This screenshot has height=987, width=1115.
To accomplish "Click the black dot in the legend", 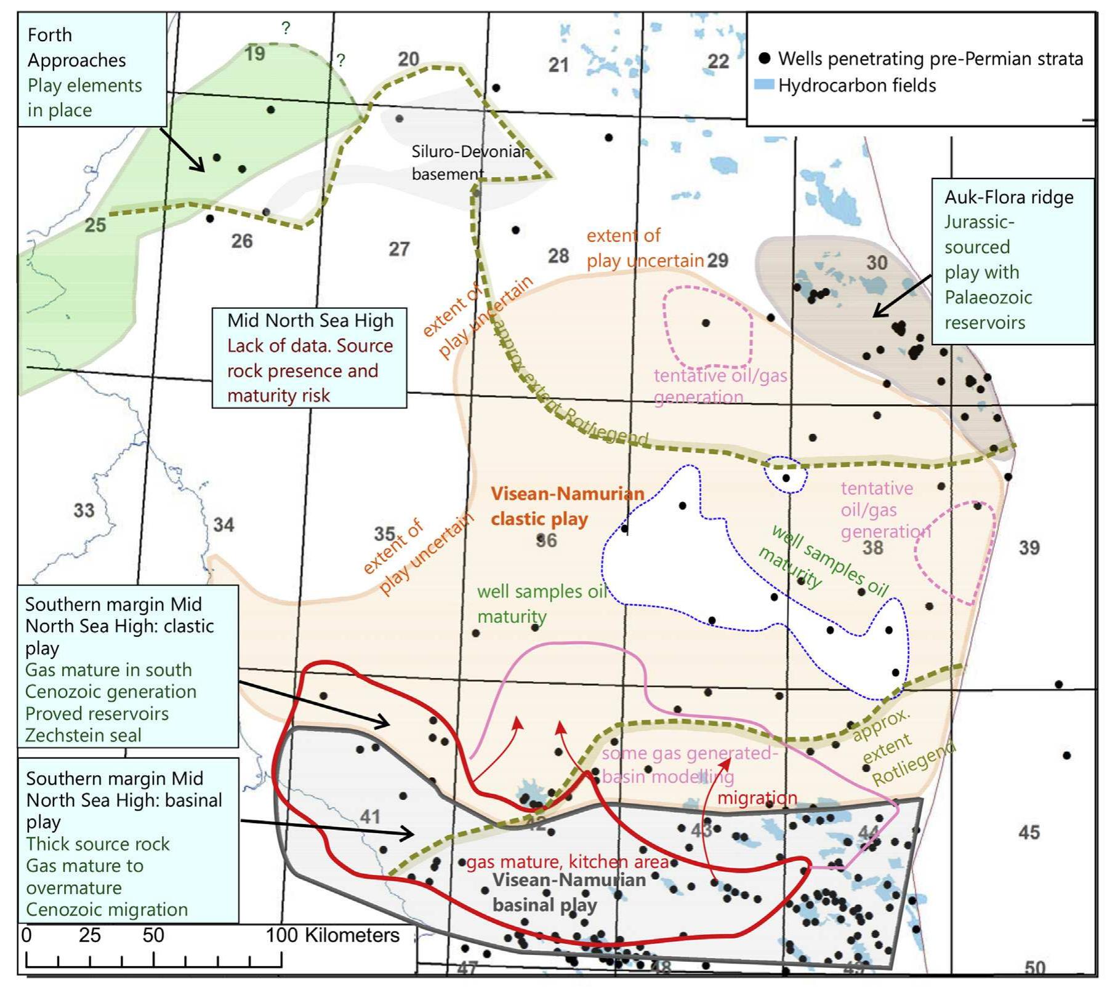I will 765,58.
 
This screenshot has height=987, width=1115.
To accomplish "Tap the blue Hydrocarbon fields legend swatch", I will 764,85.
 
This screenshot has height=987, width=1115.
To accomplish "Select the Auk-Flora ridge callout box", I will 1012,260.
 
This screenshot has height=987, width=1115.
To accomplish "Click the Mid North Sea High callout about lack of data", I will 309,358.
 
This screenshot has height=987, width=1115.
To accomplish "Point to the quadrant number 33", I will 84,510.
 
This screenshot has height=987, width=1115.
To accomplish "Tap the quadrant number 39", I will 1029,548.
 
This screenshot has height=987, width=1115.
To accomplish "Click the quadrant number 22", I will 718,62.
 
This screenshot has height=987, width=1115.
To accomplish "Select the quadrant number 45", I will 1029,832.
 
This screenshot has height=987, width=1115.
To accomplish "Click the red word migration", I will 757,798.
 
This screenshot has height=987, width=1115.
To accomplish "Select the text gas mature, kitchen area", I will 567,862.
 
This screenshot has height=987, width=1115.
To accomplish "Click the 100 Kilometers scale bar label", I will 332,935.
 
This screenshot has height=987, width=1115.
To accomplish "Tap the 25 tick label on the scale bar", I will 90,935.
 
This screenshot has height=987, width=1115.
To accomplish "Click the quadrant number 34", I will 223,525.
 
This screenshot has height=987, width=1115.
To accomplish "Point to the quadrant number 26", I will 242,241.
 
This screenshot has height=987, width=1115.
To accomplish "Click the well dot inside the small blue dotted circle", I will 786,478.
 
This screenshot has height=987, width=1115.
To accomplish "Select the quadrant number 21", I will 558,65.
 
